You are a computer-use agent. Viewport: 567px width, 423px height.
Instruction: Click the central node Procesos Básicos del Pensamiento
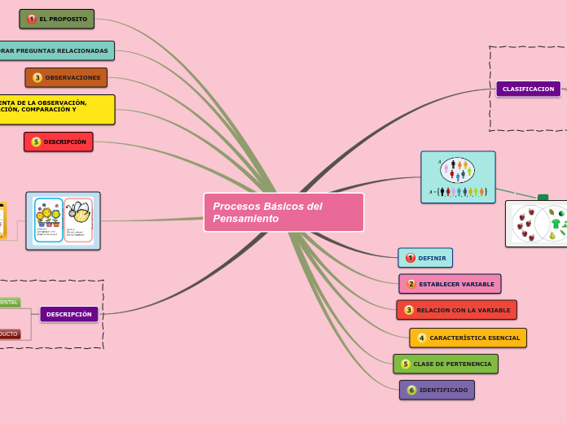[283, 212]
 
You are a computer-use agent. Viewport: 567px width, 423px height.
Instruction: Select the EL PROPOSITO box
[57, 19]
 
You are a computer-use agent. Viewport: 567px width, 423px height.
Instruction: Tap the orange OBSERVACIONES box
[66, 77]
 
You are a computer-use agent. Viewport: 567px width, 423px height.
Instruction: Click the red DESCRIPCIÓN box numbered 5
[59, 142]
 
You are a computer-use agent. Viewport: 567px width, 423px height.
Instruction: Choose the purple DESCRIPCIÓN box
[69, 314]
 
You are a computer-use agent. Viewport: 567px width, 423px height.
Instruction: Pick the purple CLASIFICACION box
[528, 89]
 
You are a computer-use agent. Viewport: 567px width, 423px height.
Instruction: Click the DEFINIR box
[425, 258]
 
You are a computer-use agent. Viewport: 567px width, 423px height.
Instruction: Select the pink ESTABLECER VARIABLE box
[450, 284]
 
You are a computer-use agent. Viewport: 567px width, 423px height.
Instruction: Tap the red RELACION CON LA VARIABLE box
[456, 310]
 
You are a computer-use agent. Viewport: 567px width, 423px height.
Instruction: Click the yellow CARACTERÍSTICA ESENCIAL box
[468, 338]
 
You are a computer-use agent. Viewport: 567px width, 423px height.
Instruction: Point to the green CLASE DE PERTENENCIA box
[446, 364]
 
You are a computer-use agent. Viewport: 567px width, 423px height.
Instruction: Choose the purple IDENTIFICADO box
[437, 390]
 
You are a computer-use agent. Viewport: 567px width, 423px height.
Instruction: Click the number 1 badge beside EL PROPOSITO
[32, 19]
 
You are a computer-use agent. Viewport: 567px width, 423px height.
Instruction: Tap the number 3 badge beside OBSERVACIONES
[37, 77]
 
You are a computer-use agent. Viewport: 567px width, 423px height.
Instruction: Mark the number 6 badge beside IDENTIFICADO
[411, 390]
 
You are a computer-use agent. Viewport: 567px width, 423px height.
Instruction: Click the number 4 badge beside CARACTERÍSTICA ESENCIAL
[422, 338]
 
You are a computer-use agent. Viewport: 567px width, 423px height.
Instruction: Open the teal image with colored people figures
[458, 177]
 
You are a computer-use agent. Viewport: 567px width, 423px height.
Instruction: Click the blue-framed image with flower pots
[63, 220]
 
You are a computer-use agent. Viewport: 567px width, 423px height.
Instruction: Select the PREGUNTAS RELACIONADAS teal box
[55, 50]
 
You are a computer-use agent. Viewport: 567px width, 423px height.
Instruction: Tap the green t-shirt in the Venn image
[556, 224]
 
